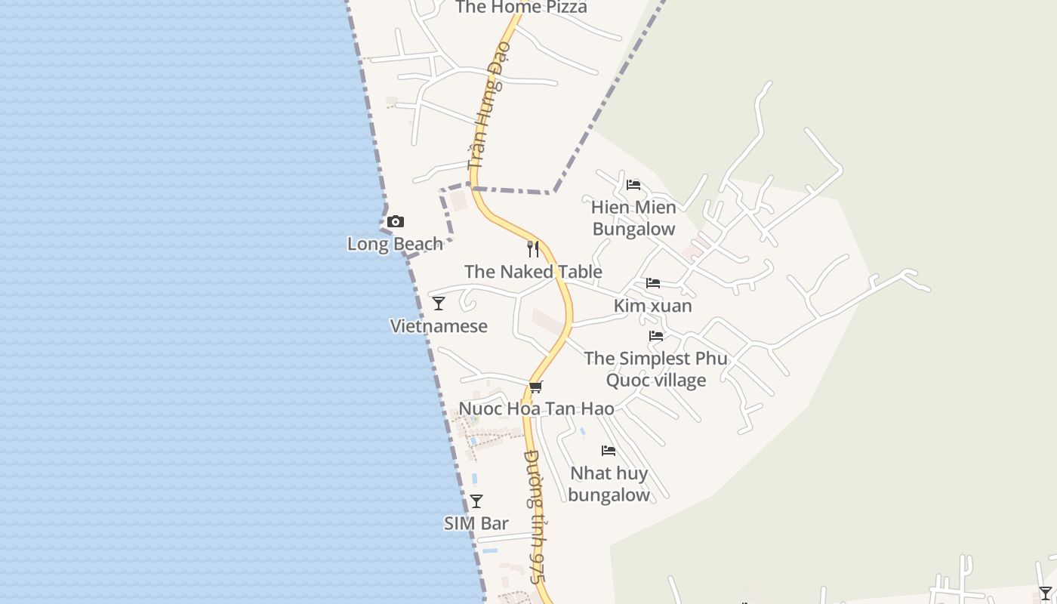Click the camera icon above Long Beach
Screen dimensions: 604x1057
(x=395, y=222)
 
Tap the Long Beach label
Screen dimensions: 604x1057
(x=395, y=244)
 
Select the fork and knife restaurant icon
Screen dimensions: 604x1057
(x=533, y=248)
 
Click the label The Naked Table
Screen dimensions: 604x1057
(x=533, y=272)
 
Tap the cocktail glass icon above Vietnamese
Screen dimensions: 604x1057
(x=439, y=304)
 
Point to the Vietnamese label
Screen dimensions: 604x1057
(x=439, y=326)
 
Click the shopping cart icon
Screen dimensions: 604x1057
(x=536, y=387)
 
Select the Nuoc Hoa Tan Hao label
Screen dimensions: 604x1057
(x=536, y=409)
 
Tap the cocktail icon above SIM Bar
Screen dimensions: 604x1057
(x=476, y=501)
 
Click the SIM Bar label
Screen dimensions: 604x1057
(x=476, y=523)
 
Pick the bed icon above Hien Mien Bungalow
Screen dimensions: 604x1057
(x=633, y=185)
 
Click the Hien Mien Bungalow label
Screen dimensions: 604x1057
(x=633, y=217)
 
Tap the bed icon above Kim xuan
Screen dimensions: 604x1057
(x=653, y=283)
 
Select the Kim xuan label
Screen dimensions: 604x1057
(x=653, y=306)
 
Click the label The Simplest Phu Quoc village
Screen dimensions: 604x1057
(x=656, y=368)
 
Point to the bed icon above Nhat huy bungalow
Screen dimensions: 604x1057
(x=609, y=451)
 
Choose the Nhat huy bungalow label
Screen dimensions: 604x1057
(x=609, y=484)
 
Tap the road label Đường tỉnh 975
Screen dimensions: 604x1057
(x=535, y=516)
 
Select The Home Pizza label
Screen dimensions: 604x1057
(x=521, y=8)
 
